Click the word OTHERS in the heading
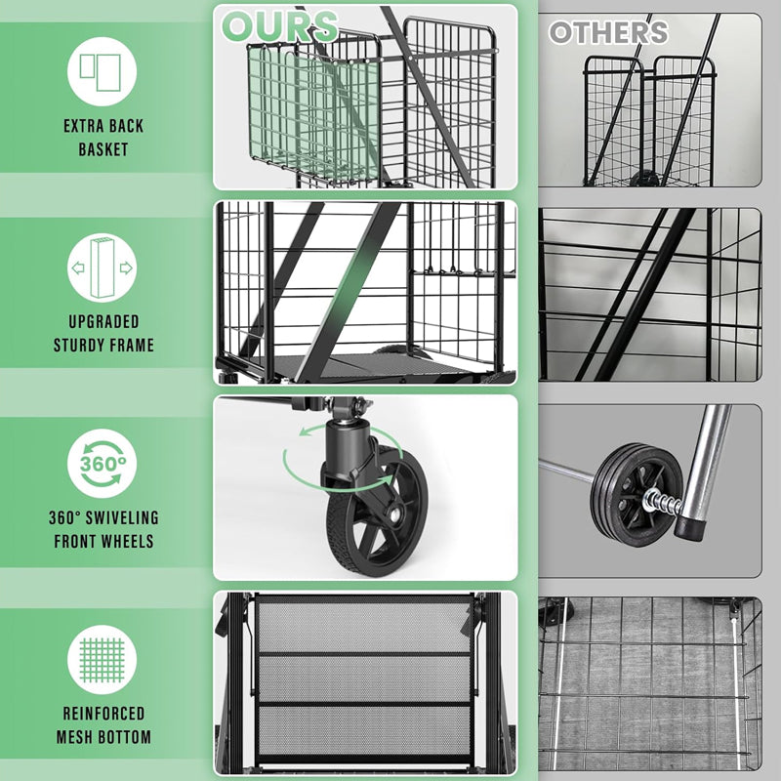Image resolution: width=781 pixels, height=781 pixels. coord(607,32)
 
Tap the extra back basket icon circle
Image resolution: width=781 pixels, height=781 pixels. coord(102,71)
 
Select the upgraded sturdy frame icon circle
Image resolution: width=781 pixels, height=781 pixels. coord(102,267)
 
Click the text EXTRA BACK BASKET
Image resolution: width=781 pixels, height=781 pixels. coord(103,138)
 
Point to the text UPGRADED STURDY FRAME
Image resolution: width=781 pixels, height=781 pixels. coord(103,333)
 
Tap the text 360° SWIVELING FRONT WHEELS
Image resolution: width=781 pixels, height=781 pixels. coord(103,529)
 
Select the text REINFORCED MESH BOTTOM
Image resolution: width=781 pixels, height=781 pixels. coord(103,725)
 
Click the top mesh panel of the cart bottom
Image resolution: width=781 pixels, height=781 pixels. coord(363,625)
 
